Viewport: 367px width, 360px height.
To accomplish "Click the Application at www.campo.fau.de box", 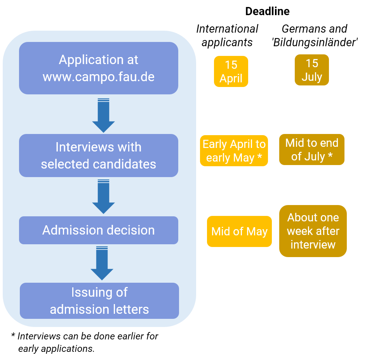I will pyautogui.click(x=98, y=68).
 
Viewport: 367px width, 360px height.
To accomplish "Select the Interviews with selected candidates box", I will pyautogui.click(x=98, y=155).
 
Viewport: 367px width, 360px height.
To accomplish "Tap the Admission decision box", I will pyautogui.click(x=98, y=230).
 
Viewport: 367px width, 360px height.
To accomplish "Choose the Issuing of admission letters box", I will pyautogui.click(x=99, y=301).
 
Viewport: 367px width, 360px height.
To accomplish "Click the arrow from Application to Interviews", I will pyautogui.click(x=103, y=116).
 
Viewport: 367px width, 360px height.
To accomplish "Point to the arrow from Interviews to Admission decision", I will pyautogui.click(x=103, y=197).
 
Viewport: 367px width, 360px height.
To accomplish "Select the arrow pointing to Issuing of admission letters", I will pyautogui.click(x=102, y=264).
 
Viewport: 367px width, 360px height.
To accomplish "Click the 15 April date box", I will pyautogui.click(x=231, y=71).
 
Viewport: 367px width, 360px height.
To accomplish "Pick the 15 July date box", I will pyautogui.click(x=311, y=70).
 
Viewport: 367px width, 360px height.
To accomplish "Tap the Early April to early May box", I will pyautogui.click(x=234, y=151).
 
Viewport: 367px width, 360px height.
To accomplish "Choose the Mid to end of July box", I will pyautogui.click(x=311, y=150).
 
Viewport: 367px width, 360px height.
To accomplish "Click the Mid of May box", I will pyautogui.click(x=239, y=231).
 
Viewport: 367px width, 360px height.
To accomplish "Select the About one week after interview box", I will pyautogui.click(x=313, y=231).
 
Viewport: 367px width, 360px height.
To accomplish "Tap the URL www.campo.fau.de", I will pyautogui.click(x=98, y=77).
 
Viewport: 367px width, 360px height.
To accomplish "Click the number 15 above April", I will pyautogui.click(x=231, y=64).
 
